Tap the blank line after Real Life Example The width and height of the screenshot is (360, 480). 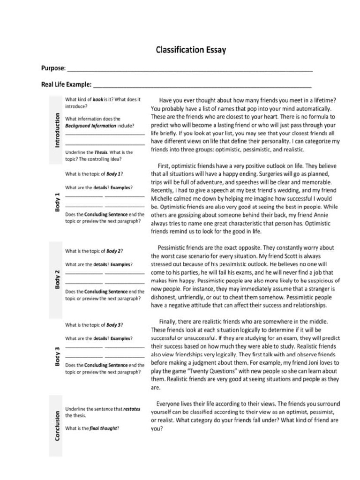point(202,86)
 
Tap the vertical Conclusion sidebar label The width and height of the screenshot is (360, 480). point(57,426)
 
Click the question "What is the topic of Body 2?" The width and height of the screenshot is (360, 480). point(94,251)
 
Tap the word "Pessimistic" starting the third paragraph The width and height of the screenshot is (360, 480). point(175,247)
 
